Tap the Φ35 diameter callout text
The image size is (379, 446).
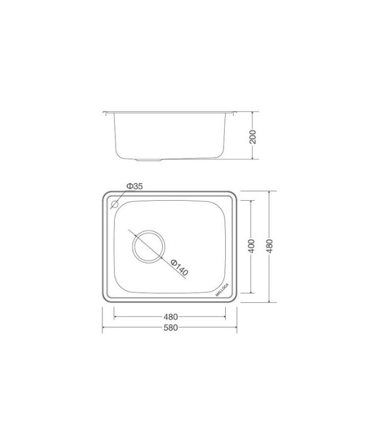(x=134, y=186)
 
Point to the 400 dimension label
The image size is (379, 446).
(x=251, y=245)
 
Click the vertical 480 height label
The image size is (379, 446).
(x=270, y=245)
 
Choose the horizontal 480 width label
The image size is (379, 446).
(x=171, y=317)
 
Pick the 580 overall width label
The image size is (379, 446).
(x=171, y=328)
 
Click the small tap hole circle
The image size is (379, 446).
(x=115, y=205)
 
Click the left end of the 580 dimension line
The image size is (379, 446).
(x=103, y=328)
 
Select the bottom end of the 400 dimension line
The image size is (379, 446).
(x=251, y=293)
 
